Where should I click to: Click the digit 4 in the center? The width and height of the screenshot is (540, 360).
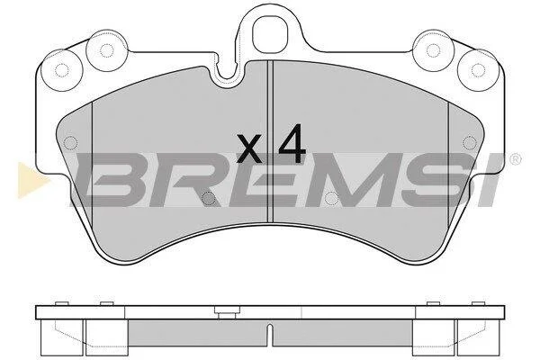click(292, 143)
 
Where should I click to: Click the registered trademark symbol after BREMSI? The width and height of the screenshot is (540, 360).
click(516, 159)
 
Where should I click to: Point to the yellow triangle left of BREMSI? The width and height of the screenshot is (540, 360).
click(31, 180)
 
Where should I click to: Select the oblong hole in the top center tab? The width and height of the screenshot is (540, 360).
click(270, 34)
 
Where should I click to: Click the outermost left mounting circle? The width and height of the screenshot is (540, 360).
click(62, 70)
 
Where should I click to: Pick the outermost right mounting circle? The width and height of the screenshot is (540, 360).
click(478, 70)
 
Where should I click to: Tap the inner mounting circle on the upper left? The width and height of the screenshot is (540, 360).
click(107, 50)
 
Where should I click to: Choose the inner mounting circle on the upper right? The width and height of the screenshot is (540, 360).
click(433, 50)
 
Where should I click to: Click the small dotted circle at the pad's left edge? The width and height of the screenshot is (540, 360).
click(70, 142)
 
